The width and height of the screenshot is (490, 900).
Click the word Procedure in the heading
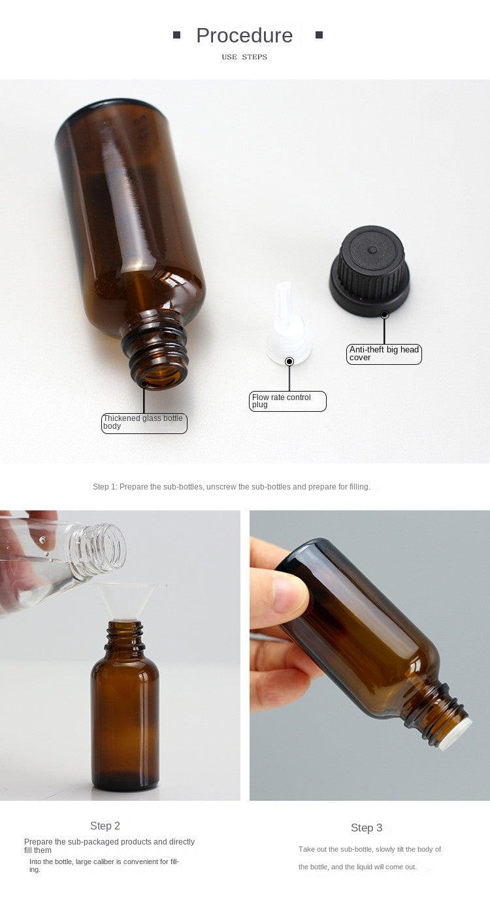[x=244, y=35]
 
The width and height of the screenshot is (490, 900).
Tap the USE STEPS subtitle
[x=244, y=57]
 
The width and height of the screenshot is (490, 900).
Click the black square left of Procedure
[x=176, y=35]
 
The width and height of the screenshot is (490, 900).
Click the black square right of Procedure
[x=319, y=35]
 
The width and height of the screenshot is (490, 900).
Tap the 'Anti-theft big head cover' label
[x=384, y=354]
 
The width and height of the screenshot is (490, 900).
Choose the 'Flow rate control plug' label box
[x=287, y=401]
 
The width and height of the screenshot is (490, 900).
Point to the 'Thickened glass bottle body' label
[x=144, y=422]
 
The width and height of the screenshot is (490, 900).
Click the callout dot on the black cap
[x=385, y=315]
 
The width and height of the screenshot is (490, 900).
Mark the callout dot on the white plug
[x=289, y=362]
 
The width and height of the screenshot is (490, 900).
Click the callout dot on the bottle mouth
[x=144, y=384]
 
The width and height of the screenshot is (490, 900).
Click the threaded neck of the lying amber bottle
[x=157, y=349]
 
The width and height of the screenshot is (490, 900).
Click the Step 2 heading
[x=105, y=826]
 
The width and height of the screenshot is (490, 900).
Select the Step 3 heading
[x=367, y=828]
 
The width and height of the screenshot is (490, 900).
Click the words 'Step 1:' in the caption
[x=105, y=487]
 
